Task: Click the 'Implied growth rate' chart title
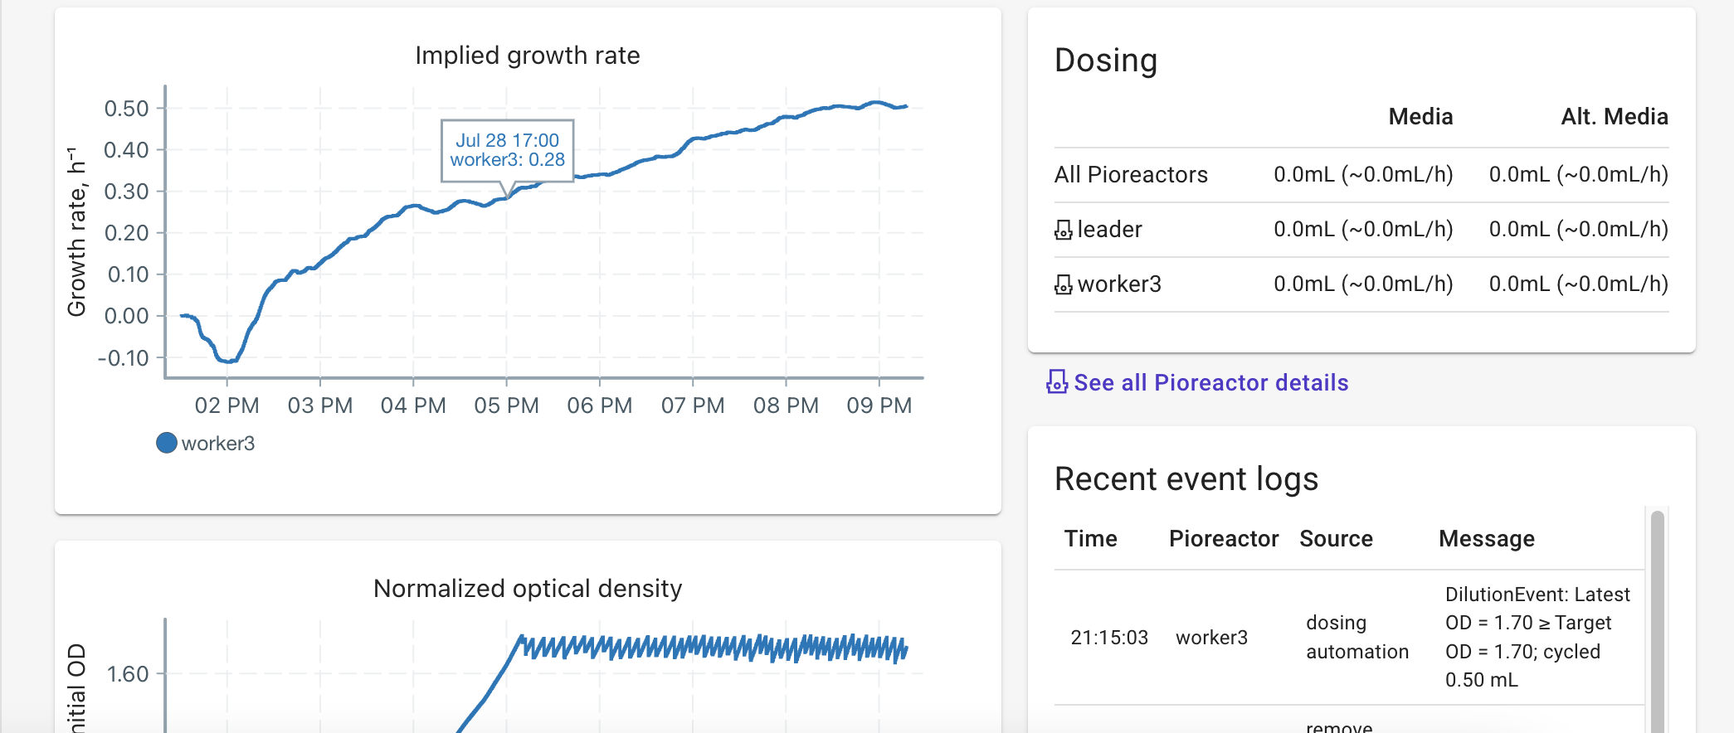click(x=527, y=56)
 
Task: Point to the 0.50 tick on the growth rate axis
click(x=126, y=109)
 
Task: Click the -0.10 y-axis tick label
click(x=123, y=358)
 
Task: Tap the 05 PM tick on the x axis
click(x=506, y=405)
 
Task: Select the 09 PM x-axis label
click(x=879, y=405)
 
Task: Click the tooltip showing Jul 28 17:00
click(x=507, y=150)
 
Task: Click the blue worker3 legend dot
click(x=167, y=443)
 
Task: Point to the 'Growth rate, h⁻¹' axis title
click(x=76, y=233)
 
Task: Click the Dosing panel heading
click(x=1105, y=61)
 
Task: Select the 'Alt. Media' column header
click(x=1614, y=117)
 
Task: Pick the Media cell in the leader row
click(x=1362, y=230)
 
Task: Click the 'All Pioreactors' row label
click(x=1130, y=175)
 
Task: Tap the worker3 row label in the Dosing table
click(x=1118, y=284)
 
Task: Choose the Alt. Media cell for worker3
click(x=1578, y=284)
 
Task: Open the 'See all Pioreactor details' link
click(x=1210, y=382)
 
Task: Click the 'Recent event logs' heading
click(x=1186, y=479)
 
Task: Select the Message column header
click(x=1486, y=539)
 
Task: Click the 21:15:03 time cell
click(x=1108, y=638)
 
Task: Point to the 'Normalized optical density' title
click(x=527, y=589)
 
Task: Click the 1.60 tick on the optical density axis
click(x=128, y=674)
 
